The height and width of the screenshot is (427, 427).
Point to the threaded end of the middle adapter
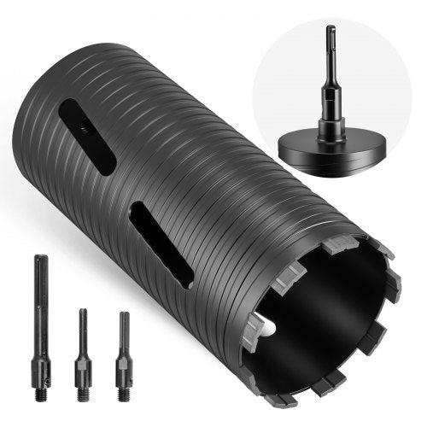point(82,395)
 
